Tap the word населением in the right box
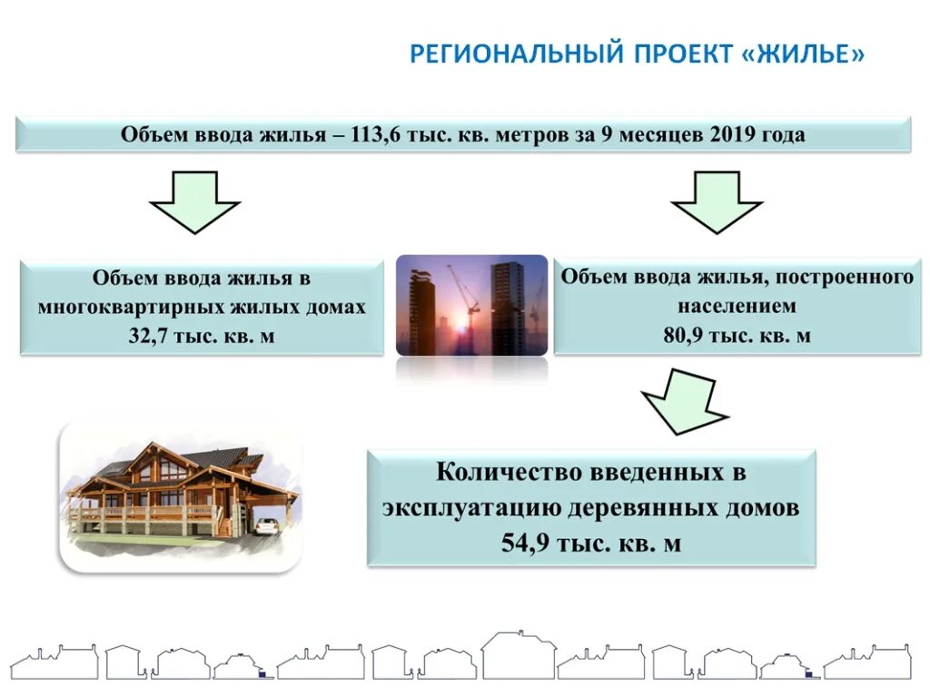point(737,306)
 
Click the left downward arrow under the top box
point(194,202)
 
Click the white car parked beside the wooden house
point(266,526)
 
